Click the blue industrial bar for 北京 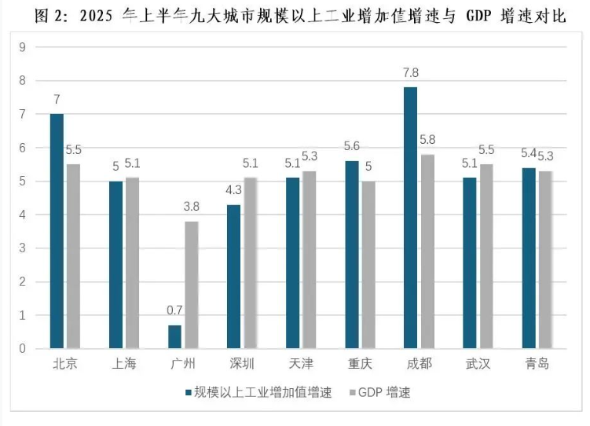57,230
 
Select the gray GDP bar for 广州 191,285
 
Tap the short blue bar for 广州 174,336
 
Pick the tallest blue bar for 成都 410,217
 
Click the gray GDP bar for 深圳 250,263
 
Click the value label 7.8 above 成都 410,73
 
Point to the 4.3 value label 233,190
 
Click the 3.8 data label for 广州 191,207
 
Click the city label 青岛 537,364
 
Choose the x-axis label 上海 124,364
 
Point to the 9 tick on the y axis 22,47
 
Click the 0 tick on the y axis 22,348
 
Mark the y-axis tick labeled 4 22,215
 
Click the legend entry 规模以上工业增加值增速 262,392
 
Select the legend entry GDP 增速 383,392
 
